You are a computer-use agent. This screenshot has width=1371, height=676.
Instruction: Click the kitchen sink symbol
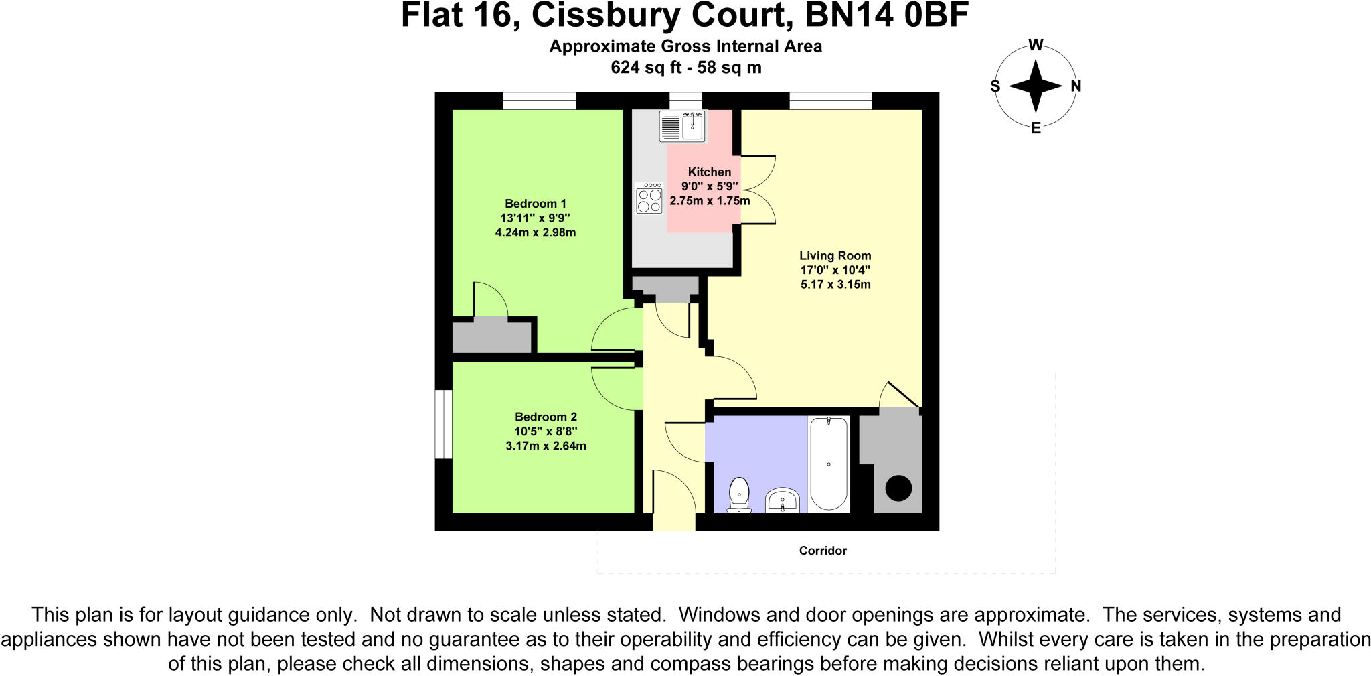click(x=682, y=126)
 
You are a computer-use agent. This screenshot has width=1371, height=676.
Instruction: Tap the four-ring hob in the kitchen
click(x=649, y=198)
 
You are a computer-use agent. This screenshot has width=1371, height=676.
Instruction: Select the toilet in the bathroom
click(x=739, y=495)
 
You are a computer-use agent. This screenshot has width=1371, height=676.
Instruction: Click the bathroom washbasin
click(x=781, y=500)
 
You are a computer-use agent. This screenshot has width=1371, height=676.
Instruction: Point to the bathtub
click(x=829, y=464)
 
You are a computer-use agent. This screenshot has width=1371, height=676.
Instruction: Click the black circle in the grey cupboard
click(x=898, y=488)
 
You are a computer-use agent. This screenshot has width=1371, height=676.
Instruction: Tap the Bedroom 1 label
click(x=536, y=204)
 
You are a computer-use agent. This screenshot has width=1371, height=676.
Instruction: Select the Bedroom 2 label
click(x=546, y=417)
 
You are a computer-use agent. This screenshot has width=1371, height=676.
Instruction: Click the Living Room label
click(x=835, y=255)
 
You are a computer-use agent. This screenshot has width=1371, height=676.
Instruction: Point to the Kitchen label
click(x=709, y=172)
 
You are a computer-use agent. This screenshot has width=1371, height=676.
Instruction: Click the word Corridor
click(x=823, y=551)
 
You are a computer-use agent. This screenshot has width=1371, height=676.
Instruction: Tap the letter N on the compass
click(x=1076, y=86)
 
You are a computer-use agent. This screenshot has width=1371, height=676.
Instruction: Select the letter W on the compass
click(x=1035, y=45)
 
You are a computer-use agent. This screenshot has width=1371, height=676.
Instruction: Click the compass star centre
click(x=1035, y=86)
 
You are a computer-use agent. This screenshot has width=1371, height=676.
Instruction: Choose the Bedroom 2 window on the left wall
click(x=443, y=424)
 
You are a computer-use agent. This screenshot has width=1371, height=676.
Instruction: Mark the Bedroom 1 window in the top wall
click(x=539, y=100)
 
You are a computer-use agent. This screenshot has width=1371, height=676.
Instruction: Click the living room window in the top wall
click(x=830, y=100)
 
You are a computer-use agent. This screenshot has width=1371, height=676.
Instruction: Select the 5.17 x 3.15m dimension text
click(x=835, y=285)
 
